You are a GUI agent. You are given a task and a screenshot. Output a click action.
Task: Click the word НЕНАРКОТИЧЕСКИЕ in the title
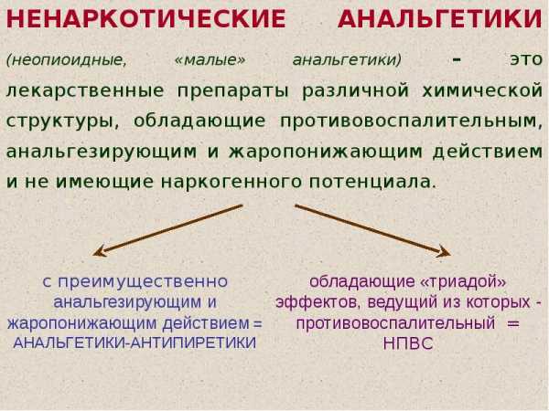coord(146,18)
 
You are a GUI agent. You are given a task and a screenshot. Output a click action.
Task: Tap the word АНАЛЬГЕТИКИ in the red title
coord(440,18)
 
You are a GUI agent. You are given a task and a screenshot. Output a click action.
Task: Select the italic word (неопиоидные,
coord(67,60)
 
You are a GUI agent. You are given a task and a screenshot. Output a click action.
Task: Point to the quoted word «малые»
coord(210,59)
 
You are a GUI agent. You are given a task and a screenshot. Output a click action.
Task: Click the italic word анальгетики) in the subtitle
coord(347,60)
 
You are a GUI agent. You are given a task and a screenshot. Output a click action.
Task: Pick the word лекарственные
coord(85,90)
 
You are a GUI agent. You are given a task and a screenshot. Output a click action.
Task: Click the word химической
coord(482,90)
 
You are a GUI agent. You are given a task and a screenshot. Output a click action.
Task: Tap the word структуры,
coord(63,122)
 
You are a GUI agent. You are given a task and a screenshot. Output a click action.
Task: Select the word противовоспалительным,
coord(411,121)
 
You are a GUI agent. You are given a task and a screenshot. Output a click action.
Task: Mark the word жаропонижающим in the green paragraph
coord(326,153)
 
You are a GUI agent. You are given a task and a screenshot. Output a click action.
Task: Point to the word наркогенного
coord(231,183)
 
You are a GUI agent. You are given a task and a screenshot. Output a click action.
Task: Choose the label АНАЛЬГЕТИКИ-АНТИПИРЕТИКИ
coord(135,342)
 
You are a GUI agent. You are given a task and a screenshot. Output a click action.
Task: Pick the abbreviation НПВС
coord(408,343)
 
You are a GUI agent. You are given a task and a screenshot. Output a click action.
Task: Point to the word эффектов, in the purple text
coord(318,302)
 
